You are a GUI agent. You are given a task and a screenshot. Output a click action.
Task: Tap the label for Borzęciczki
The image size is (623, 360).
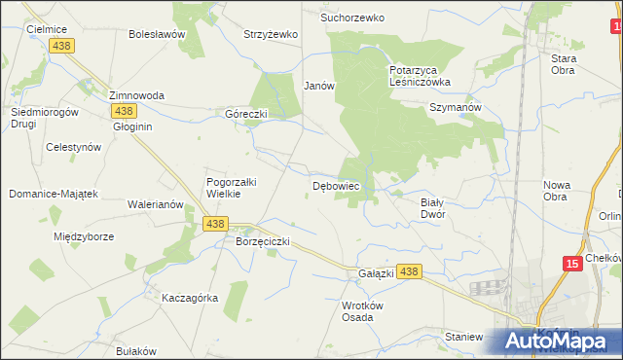(263, 240)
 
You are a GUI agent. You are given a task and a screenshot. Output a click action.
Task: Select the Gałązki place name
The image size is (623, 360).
(376, 273)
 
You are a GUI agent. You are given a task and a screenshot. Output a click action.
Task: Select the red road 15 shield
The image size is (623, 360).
(572, 263)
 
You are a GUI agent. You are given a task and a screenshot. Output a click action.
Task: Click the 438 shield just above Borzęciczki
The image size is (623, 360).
(216, 224)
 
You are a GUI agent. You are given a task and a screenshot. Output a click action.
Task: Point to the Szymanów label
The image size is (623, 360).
(457, 108)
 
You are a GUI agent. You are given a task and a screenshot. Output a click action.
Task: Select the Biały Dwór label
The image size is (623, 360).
(432, 207)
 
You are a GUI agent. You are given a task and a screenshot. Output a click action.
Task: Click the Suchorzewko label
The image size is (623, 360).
(353, 18)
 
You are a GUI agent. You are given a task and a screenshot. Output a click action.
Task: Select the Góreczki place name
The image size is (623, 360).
(246, 113)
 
